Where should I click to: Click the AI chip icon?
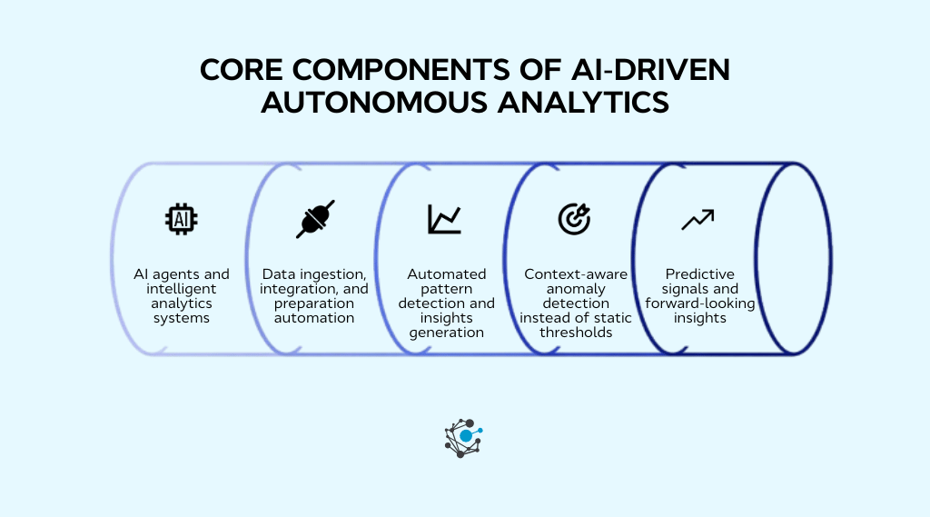182,218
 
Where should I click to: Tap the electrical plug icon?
315,219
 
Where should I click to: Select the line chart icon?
445,219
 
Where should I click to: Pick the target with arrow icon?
574,219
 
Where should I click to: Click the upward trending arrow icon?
697,219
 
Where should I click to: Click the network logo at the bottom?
464,437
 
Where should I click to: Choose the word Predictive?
699,274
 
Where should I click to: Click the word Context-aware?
576,274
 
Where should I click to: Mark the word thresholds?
576,333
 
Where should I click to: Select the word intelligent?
183,289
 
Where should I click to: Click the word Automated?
446,274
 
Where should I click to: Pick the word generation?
446,333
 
